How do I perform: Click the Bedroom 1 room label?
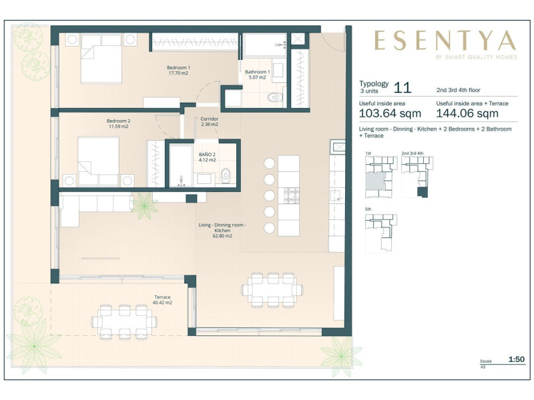(x=178, y=70)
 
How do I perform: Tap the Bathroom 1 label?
(x=258, y=75)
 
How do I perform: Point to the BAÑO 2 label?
(x=207, y=157)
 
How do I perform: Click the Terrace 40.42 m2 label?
(x=162, y=299)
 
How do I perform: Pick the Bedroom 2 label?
(x=119, y=123)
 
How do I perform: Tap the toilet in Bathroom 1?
(x=275, y=97)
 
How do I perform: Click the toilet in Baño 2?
(x=226, y=176)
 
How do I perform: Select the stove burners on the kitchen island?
(x=292, y=195)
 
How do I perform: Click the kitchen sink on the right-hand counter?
(x=336, y=197)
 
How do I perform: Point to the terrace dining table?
(x=124, y=322)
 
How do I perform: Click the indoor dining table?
(x=272, y=290)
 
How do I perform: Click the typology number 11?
(x=403, y=87)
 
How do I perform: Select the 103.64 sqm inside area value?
(x=390, y=113)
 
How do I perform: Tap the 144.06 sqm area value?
(x=467, y=113)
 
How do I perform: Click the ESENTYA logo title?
(x=445, y=40)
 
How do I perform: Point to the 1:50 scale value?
(x=517, y=359)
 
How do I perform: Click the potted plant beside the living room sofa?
(x=145, y=205)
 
